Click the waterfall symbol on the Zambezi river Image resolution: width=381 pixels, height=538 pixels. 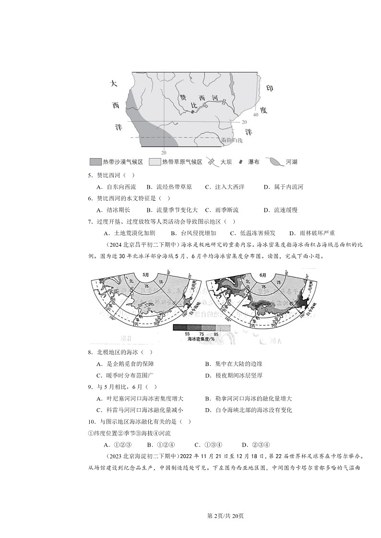193,112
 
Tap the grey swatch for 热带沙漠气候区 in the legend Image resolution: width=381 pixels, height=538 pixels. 95,162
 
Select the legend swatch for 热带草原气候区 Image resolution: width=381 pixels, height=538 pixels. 155,162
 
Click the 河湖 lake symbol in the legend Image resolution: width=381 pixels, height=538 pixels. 274,162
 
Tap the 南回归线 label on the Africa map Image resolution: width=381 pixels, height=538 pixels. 232,140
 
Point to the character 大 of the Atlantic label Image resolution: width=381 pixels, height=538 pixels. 114,84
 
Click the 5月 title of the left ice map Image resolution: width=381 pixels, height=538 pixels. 146,275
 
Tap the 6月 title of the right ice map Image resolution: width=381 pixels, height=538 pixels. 262,275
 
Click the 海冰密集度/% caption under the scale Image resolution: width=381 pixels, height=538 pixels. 202,339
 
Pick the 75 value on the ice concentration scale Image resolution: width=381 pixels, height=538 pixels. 202,333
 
